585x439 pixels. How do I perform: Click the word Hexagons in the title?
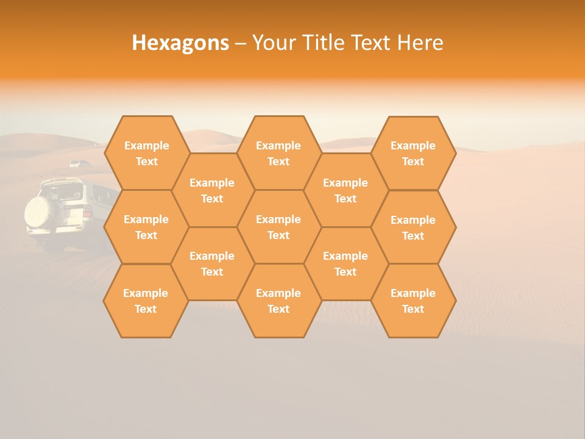pos(180,43)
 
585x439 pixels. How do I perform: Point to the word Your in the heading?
pos(272,43)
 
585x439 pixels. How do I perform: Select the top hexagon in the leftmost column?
pos(146,153)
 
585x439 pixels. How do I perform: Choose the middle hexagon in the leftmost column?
pos(146,227)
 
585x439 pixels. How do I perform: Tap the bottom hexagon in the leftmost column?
pos(146,301)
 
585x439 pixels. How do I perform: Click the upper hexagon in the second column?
pos(212,190)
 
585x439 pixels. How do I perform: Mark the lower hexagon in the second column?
pos(212,263)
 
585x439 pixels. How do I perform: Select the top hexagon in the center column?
pos(278,153)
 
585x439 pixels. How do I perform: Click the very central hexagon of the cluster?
pos(278,227)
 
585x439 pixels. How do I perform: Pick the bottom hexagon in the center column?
pos(278,301)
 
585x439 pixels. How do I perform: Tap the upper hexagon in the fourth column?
pos(346,190)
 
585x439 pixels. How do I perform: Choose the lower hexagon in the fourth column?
pos(346,263)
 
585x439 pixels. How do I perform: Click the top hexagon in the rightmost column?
pos(413,153)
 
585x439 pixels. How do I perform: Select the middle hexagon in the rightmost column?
pos(413,227)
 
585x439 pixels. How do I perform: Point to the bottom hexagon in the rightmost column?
pos(413,301)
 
